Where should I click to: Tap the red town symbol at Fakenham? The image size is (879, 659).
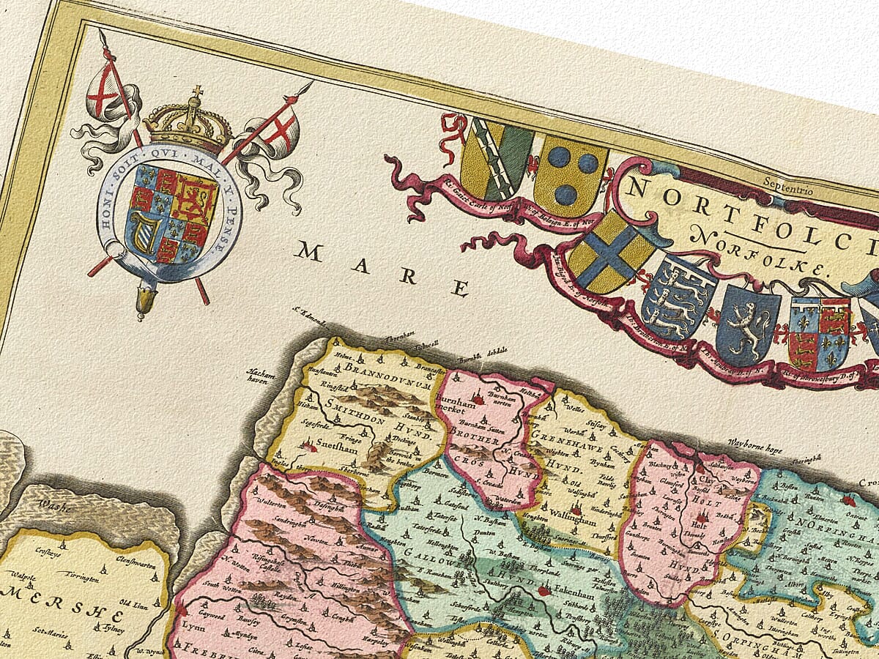tap(543, 589)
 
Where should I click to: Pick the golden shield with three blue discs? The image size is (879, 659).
tap(570, 173)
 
